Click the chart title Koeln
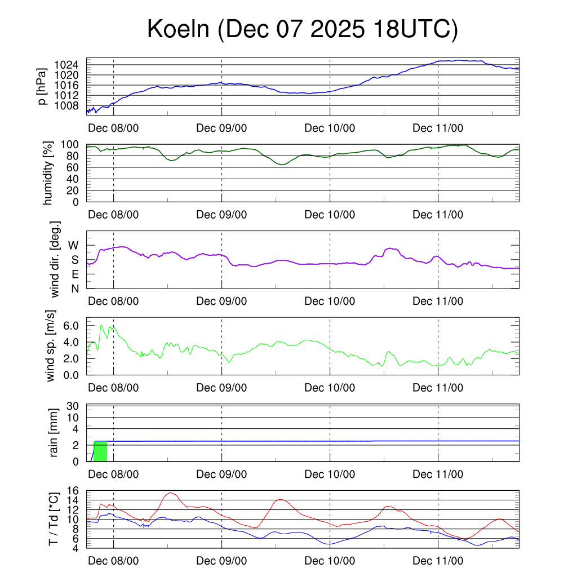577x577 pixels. click(x=302, y=29)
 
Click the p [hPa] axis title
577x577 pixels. click(x=41, y=86)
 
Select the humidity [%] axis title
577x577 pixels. click(x=48, y=172)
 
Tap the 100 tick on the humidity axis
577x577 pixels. click(x=70, y=145)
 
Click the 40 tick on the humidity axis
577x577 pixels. click(x=74, y=179)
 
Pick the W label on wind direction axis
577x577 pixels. click(x=73, y=245)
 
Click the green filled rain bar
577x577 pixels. click(x=100, y=451)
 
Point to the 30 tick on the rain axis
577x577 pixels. click(x=74, y=406)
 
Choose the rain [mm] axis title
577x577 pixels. click(x=54, y=433)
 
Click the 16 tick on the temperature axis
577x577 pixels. click(x=74, y=491)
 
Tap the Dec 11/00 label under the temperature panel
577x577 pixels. click(x=438, y=561)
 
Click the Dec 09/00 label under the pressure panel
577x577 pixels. click(x=221, y=128)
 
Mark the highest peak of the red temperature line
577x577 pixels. click(x=170, y=492)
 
